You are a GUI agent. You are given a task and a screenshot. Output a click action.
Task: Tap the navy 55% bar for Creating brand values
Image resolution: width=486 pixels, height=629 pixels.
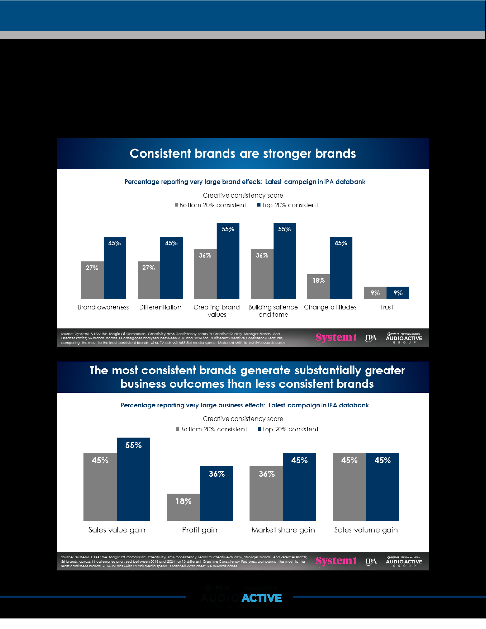[228, 261]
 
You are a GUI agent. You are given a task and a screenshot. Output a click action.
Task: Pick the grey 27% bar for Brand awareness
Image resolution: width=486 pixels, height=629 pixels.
[92, 280]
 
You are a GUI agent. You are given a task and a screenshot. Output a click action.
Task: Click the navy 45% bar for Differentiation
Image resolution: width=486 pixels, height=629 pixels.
[171, 268]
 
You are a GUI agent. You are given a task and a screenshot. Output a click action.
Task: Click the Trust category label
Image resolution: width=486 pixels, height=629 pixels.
[386, 307]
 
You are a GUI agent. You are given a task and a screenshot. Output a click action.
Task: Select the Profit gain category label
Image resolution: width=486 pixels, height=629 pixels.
[199, 530]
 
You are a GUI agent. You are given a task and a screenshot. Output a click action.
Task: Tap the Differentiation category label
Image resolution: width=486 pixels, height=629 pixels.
[160, 307]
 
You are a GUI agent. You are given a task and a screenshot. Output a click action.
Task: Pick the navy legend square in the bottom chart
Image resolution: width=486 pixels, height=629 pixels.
[259, 429]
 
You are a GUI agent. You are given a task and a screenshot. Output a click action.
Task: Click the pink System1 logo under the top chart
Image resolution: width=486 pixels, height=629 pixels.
[336, 337]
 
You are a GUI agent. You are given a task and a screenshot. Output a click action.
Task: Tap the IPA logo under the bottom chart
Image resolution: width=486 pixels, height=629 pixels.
[371, 561]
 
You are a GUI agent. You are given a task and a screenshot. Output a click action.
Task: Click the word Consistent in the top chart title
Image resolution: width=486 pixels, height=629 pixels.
[160, 153]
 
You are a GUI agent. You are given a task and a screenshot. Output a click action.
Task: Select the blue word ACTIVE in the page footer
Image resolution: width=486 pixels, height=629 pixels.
[261, 598]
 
